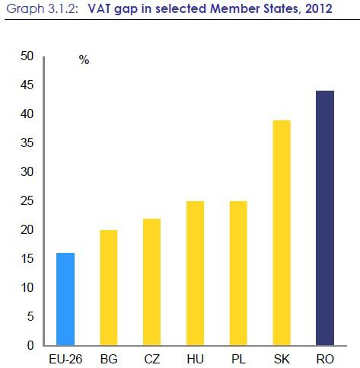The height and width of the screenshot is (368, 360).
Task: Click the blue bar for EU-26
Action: [66, 299]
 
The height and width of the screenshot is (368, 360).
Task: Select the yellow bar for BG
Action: [109, 287]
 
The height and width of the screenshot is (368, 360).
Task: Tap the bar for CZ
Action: [151, 281]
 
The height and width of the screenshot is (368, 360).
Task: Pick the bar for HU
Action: [194, 273]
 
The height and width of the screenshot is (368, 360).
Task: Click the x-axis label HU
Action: [194, 357]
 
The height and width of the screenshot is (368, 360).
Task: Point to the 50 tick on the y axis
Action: [27, 56]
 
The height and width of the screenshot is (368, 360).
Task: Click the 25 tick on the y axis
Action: [27, 201]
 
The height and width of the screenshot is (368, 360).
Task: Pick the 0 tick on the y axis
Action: [30, 346]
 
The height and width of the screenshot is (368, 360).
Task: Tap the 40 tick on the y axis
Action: [27, 114]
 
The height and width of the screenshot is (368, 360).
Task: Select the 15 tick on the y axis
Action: [27, 259]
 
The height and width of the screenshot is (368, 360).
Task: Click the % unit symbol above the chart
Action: [84, 61]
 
